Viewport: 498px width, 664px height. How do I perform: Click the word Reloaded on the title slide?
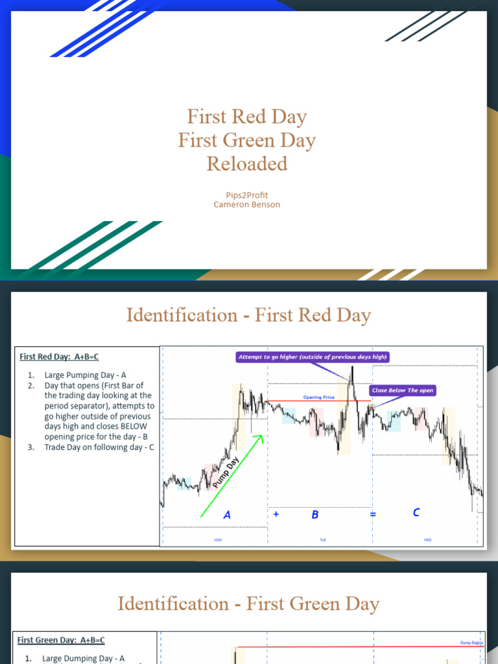[247, 164]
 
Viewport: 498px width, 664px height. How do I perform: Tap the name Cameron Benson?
[247, 205]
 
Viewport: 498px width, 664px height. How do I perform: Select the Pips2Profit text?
[247, 195]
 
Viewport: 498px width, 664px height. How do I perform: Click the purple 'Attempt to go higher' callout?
[313, 357]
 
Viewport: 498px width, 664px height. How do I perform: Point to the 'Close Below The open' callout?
[403, 390]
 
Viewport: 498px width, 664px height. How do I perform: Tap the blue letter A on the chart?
[227, 515]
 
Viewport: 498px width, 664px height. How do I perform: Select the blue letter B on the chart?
[315, 514]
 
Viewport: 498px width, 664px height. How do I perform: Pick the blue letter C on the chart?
[416, 512]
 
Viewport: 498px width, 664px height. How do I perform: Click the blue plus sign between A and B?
[276, 514]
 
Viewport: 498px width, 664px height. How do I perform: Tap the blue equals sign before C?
[373, 514]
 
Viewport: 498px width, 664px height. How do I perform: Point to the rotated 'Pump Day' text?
[226, 473]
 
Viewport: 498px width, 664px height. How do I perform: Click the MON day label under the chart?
[217, 539]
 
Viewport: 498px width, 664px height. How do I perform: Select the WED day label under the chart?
[427, 539]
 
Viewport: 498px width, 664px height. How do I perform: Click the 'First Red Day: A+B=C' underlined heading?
[59, 357]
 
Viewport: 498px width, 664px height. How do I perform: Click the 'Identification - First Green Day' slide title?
[248, 604]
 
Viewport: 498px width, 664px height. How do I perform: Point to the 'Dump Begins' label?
[471, 643]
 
